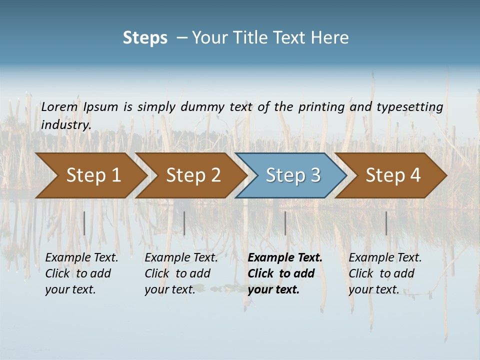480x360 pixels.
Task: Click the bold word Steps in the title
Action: coord(145,38)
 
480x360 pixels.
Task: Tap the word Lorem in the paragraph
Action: coord(59,106)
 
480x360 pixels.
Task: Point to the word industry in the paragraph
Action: coord(66,124)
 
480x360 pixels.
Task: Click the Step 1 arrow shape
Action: coord(93,175)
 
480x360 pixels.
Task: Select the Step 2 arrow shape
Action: coord(193,175)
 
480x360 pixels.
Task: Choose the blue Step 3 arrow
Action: coord(292,175)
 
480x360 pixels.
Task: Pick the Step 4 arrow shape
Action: coord(392,175)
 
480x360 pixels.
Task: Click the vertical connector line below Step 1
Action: coord(84,223)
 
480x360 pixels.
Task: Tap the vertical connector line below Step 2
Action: coord(184,223)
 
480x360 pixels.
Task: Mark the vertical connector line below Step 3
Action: coord(285,223)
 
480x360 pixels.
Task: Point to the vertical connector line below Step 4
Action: coord(386,223)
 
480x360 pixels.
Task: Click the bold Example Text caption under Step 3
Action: coord(284,273)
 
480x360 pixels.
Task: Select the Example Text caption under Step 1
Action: coord(81,273)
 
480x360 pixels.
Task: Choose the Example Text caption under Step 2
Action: coord(181,273)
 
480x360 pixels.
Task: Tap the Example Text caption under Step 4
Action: coord(385,273)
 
